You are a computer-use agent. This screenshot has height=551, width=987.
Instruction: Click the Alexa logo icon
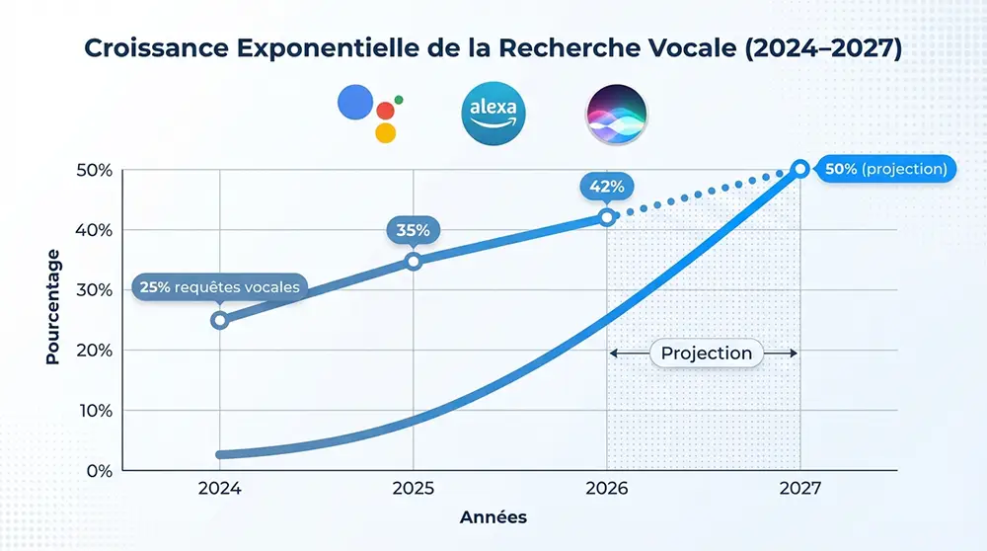tap(493, 116)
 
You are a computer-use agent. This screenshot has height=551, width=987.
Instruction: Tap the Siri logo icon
tap(616, 116)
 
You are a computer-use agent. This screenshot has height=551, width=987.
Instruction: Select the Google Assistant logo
tap(367, 114)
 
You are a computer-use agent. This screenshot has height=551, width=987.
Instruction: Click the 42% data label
tap(607, 187)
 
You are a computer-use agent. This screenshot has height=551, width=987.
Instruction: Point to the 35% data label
tap(413, 230)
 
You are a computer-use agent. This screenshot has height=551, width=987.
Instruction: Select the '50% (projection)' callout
tap(885, 169)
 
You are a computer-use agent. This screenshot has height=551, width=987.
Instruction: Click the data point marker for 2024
tap(219, 320)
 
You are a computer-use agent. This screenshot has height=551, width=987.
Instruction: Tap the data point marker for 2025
tap(414, 261)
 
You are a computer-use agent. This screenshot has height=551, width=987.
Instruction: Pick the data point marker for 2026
tap(607, 218)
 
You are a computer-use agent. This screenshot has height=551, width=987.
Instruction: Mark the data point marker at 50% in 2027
tap(800, 169)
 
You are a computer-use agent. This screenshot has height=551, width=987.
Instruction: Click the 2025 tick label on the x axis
tap(413, 489)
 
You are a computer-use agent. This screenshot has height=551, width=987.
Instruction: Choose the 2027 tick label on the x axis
tap(800, 489)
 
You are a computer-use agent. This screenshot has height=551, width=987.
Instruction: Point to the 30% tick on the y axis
tap(96, 290)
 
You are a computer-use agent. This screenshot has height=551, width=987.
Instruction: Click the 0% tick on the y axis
tap(101, 471)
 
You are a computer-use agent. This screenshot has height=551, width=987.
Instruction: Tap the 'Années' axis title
tap(493, 517)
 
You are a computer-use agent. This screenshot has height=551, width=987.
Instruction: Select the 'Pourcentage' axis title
tap(52, 307)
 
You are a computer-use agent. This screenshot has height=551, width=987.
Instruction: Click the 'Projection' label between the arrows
tap(706, 353)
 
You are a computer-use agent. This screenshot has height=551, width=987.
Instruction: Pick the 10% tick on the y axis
tap(96, 411)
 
